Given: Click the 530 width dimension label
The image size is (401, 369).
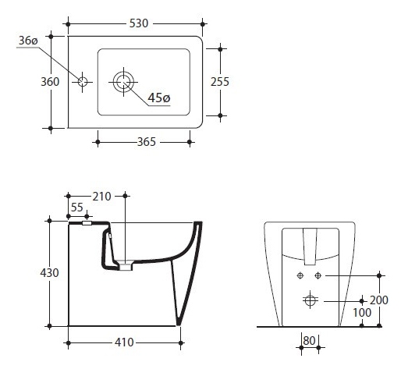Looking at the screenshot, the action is [139, 23].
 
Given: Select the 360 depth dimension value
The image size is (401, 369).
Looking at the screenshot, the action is [50, 82].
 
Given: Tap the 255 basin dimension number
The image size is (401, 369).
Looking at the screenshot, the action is [220, 82].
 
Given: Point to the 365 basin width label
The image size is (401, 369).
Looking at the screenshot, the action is [147, 142].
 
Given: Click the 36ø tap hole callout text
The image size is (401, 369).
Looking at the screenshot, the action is [28, 41].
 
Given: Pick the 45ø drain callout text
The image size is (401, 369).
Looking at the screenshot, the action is [159, 98].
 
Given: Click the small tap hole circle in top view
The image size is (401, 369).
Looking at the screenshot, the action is [83, 82].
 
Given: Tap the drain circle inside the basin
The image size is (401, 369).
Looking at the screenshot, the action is [123, 82].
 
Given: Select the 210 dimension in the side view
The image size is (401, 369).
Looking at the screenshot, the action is [101, 197].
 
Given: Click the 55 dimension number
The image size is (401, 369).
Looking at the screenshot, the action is [76, 208].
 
